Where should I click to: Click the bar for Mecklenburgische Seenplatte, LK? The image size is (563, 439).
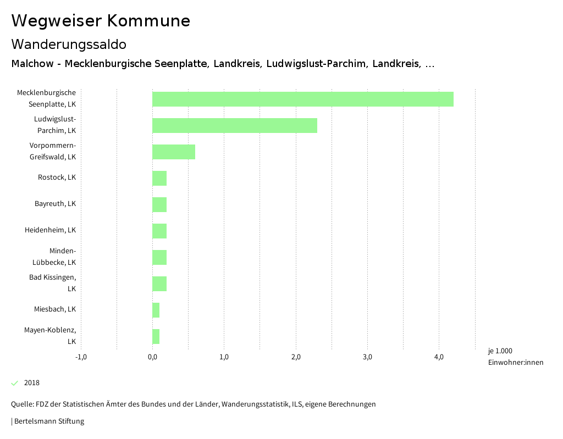[x=302, y=99]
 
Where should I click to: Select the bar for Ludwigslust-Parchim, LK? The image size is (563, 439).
[x=234, y=125]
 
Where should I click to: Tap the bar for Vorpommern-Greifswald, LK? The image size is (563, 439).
[x=173, y=152]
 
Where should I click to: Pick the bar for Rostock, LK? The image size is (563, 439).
[x=159, y=178]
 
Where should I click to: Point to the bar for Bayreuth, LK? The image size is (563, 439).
[x=159, y=204]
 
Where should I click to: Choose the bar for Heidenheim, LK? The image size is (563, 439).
[x=159, y=231]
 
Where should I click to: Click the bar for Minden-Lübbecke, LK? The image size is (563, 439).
[x=159, y=257]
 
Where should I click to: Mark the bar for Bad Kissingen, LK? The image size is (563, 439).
[x=159, y=284]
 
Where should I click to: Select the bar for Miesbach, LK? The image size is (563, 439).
[x=156, y=310]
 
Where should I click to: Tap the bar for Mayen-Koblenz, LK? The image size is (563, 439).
[x=156, y=336]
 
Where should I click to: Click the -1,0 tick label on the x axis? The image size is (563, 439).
[x=81, y=358]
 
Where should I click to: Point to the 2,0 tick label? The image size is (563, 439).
[x=296, y=358]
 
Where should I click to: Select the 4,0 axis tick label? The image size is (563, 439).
[x=439, y=358]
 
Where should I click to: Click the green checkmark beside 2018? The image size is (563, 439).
[x=15, y=383]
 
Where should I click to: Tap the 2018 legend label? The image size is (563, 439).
[x=32, y=383]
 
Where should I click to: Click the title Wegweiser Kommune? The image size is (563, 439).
[x=101, y=21]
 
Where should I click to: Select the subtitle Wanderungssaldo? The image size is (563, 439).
[x=69, y=44]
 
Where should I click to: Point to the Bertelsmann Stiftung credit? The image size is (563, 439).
[x=49, y=421]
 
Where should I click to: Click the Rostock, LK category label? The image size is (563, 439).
[x=57, y=177]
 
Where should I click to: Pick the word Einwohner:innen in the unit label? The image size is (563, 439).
[x=515, y=362]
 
